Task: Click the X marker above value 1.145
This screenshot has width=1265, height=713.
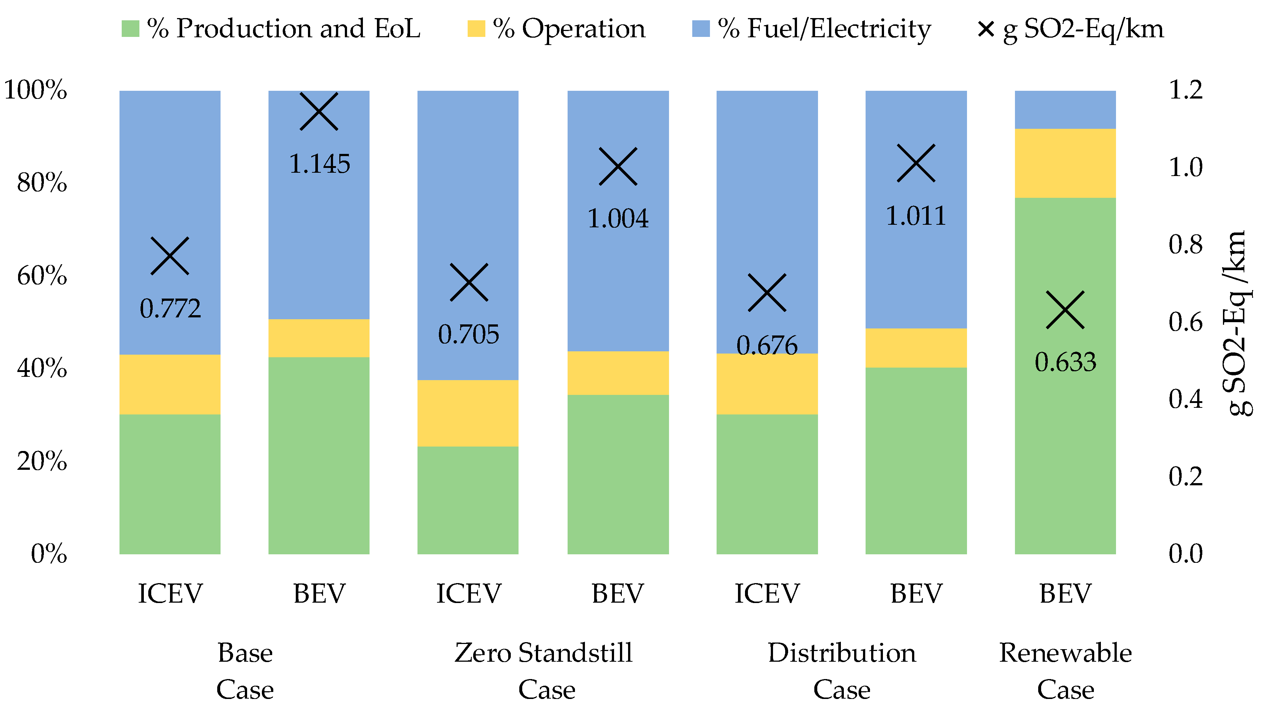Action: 319,111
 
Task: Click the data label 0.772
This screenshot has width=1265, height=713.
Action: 170,309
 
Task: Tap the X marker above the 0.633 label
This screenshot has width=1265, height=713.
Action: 1065,310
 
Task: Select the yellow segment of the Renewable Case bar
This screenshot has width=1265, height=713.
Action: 1065,163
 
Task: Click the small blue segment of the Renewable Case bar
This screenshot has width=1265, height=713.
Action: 1065,109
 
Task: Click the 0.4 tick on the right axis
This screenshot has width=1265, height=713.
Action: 1185,399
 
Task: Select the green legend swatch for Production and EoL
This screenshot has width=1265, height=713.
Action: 130,28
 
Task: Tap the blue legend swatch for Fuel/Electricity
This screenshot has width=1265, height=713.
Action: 700,28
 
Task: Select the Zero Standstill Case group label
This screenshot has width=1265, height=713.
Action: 544,671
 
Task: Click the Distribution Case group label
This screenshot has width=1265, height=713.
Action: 842,671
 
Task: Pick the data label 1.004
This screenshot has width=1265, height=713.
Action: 618,219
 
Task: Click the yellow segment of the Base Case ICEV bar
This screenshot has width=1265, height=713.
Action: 170,384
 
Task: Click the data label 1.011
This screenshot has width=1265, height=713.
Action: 915,216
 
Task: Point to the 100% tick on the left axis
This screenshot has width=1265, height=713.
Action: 35,90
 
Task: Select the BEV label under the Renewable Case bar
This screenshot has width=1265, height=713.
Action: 1065,593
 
